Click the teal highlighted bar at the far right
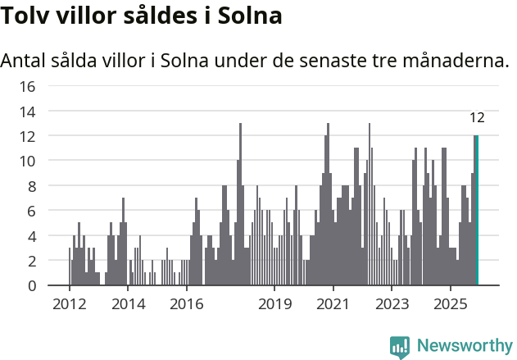(477, 211)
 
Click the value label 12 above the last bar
(477, 118)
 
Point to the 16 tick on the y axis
(27, 86)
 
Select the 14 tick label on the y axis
(27, 111)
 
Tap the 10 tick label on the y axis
(27, 161)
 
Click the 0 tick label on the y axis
(31, 285)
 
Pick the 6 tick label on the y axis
(31, 211)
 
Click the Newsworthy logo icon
(400, 346)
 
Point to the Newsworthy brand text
(464, 346)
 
